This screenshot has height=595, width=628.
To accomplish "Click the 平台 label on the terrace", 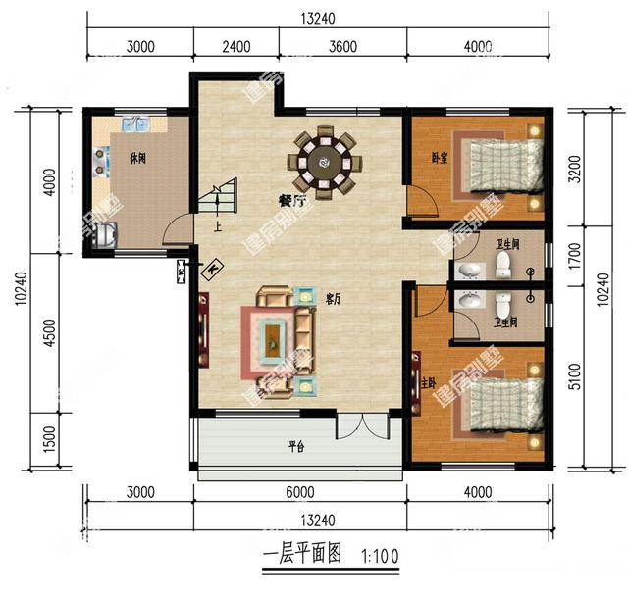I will [295, 446].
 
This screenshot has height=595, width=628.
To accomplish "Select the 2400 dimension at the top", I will [235, 46].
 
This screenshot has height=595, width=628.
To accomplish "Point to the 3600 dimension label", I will [342, 46].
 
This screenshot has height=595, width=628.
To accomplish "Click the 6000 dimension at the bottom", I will [299, 493].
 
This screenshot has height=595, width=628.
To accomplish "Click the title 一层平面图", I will [301, 555].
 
